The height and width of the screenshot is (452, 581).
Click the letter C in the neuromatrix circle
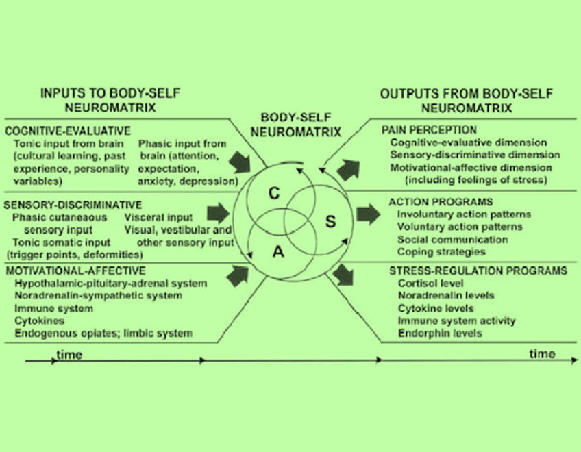273,194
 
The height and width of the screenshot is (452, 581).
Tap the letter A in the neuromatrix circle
278,251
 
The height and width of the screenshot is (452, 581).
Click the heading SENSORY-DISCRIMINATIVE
73,205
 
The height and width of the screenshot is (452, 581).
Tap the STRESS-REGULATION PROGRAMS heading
478,271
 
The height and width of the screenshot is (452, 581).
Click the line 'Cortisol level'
430,283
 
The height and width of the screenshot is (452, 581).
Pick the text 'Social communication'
452,240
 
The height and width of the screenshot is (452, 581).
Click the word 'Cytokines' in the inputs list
36,321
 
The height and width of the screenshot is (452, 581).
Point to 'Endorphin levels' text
439,333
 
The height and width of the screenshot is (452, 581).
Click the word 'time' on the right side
543,353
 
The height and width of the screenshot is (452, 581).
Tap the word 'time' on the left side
69,355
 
